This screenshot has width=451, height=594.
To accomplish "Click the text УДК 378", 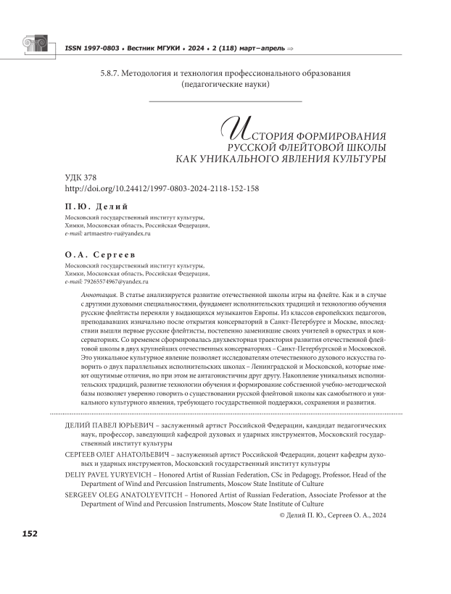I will [x=80, y=177].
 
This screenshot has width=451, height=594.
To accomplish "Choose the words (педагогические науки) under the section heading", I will [x=225, y=85].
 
